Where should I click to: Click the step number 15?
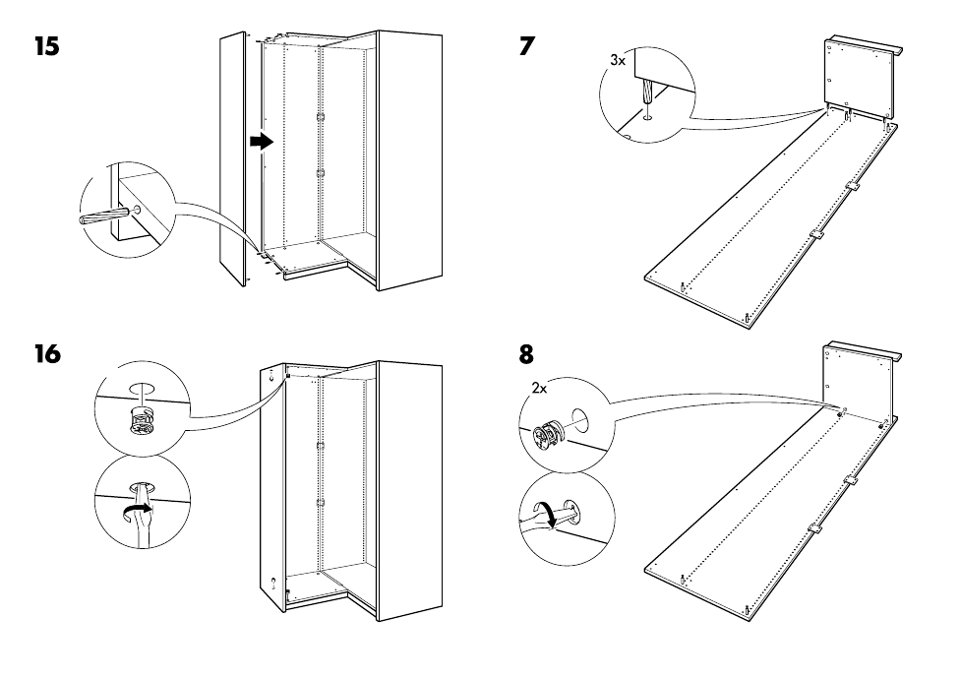[46, 46]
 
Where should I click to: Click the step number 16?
[46, 353]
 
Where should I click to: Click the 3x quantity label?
[617, 60]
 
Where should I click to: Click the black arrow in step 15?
[260, 142]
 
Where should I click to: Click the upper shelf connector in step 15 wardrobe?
[320, 117]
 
